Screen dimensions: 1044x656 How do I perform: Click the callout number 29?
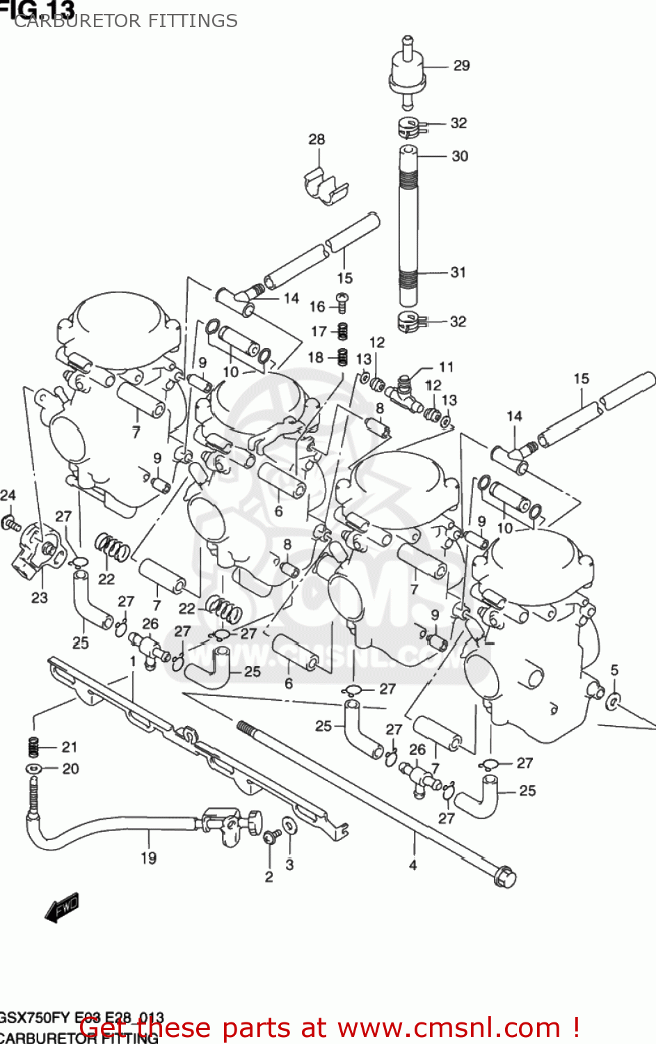pyautogui.click(x=461, y=66)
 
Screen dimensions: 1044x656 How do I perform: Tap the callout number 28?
pyautogui.click(x=317, y=139)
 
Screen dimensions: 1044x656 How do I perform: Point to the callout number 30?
pyautogui.click(x=460, y=157)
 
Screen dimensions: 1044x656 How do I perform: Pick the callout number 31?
pyautogui.click(x=458, y=272)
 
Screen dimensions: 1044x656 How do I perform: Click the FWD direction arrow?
pyautogui.click(x=62, y=908)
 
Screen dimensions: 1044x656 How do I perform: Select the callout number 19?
pyautogui.click(x=148, y=858)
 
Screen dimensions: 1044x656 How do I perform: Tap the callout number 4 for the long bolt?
pyautogui.click(x=413, y=865)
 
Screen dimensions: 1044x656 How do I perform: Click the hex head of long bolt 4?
pyautogui.click(x=506, y=877)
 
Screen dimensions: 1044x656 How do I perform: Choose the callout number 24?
pyautogui.click(x=8, y=496)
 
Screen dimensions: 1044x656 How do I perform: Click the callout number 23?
pyautogui.click(x=40, y=597)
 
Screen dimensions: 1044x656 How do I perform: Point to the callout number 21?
pyautogui.click(x=70, y=748)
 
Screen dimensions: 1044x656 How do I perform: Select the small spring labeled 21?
pyautogui.click(x=32, y=747)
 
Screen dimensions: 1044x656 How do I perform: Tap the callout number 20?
pyautogui.click(x=70, y=769)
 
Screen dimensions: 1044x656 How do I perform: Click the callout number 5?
pyautogui.click(x=614, y=670)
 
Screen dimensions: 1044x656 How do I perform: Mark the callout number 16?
pyautogui.click(x=317, y=307)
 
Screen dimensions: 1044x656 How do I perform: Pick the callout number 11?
pyautogui.click(x=446, y=367)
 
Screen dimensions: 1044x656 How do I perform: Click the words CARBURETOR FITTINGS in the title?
pyautogui.click(x=126, y=21)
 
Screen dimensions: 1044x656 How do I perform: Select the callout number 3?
pyautogui.click(x=289, y=865)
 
